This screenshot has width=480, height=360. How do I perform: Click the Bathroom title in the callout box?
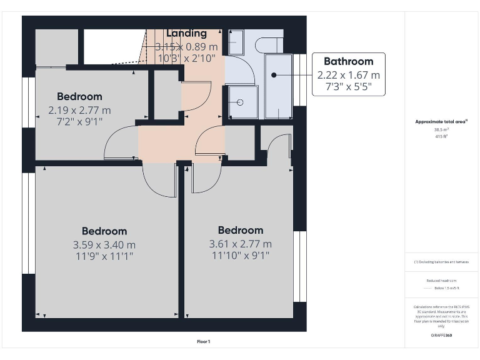pos(348,61)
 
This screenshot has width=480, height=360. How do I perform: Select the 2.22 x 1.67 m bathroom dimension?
pos(348,75)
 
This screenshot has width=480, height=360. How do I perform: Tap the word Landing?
pos(186,33)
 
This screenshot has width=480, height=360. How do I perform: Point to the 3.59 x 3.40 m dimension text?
pos(104,244)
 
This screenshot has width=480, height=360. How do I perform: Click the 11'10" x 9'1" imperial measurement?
pos(240,255)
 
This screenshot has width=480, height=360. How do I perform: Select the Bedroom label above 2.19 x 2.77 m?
pos(79,96)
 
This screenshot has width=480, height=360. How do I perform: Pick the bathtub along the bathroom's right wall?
pos(279,86)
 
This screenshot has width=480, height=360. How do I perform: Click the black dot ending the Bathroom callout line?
pos(274,75)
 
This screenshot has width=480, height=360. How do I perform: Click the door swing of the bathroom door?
pos(241,69)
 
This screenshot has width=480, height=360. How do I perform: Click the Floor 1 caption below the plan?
pos(204,342)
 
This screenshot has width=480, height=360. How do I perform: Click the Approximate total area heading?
pos(441,122)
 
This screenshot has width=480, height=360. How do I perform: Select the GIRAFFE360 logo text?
pos(442,336)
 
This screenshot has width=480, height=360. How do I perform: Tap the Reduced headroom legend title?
pos(442,281)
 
